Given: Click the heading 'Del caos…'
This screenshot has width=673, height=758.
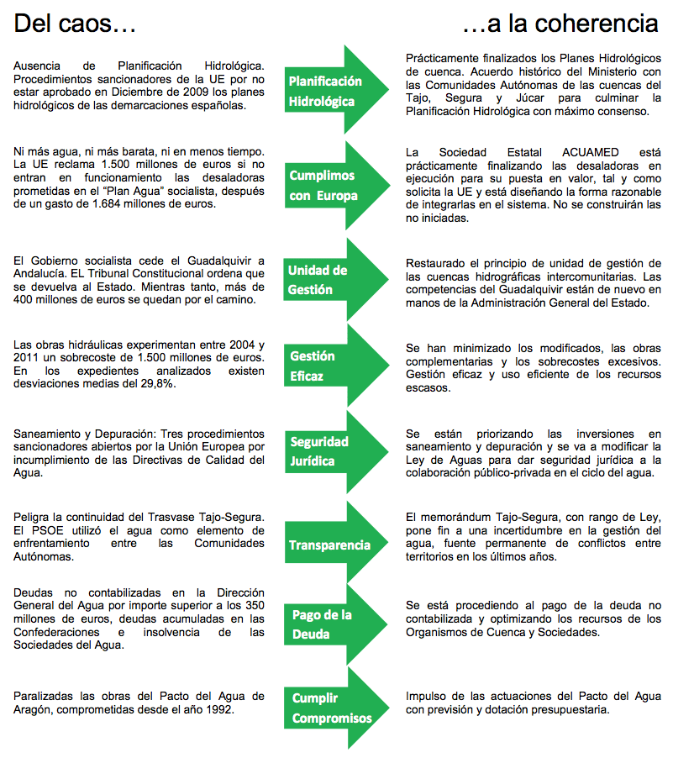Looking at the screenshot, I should pyautogui.click(x=75, y=24).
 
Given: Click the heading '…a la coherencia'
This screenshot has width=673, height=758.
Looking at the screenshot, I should pyautogui.click(x=560, y=24).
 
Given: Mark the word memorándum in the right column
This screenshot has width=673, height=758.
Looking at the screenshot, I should pyautogui.click(x=464, y=516).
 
